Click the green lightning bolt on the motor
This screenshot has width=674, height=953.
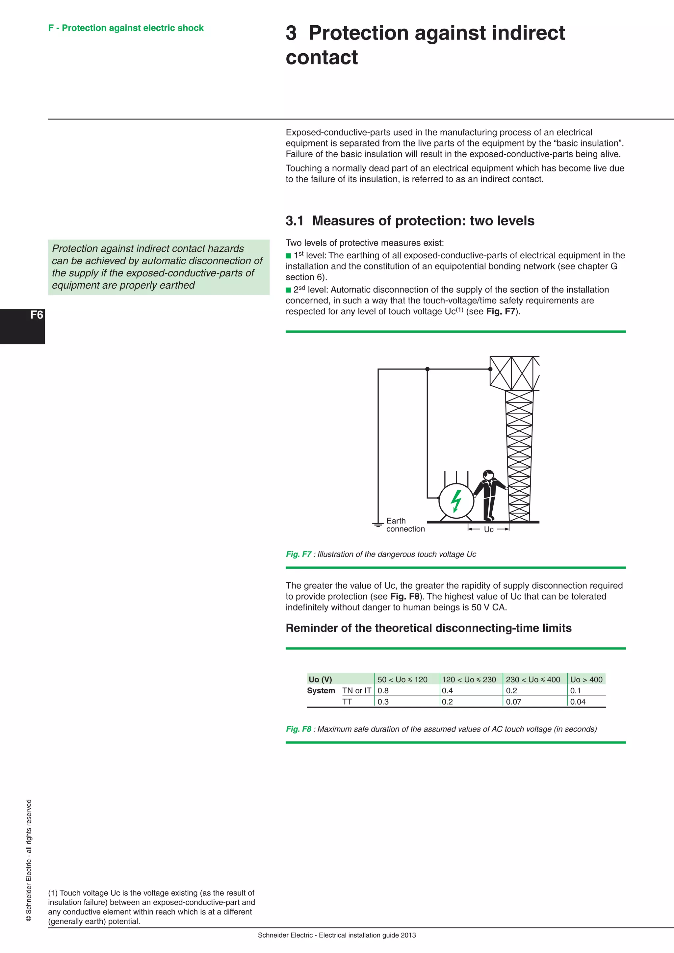click(456, 501)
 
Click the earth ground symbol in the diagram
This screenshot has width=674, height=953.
click(378, 525)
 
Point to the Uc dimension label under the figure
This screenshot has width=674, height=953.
click(488, 529)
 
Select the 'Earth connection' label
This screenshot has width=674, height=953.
click(405, 525)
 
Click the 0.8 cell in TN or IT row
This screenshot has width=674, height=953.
click(383, 690)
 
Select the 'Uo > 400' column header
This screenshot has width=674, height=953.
click(586, 679)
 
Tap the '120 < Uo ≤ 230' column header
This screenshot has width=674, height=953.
click(469, 679)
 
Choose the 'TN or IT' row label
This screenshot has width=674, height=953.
click(356, 690)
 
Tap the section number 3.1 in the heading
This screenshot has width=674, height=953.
click(294, 221)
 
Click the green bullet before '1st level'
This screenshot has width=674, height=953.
click(288, 256)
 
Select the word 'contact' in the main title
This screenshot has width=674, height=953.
click(322, 57)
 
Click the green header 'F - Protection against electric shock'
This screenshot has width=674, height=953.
click(126, 28)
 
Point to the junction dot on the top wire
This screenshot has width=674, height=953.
click(427, 369)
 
